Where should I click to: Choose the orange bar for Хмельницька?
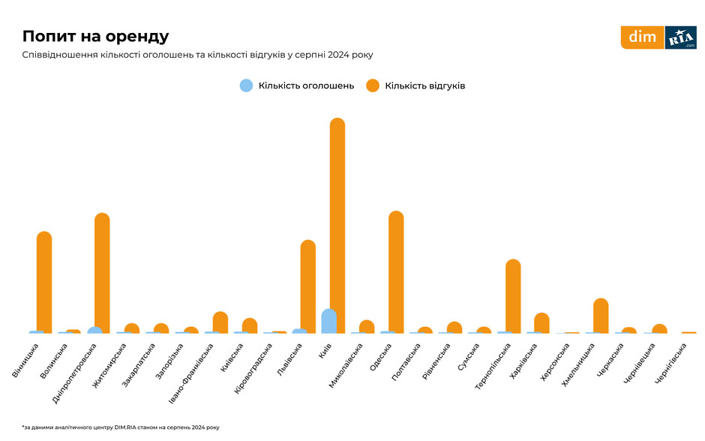601,315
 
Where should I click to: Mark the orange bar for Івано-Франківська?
220,322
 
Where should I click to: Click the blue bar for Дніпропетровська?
94,331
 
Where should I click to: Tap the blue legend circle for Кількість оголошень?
246,85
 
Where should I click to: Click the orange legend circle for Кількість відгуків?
373,85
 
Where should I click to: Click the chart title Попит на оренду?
95,36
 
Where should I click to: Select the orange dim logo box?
642,37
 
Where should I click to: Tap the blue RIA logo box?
681,37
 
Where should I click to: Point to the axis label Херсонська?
556,360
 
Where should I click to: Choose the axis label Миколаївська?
346,365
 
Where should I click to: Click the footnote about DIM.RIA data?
121,427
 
